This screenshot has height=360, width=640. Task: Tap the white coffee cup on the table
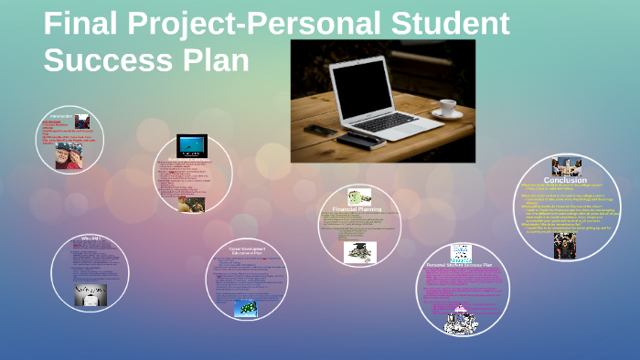coord(447,108)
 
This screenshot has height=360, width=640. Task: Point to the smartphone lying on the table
coord(321,131)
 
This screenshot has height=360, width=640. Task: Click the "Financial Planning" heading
coord(357,209)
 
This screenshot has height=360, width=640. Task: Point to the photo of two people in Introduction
coord(67,155)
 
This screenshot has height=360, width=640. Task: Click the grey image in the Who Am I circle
coord(90,294)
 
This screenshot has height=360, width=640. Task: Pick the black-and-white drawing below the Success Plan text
coord(460,319)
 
